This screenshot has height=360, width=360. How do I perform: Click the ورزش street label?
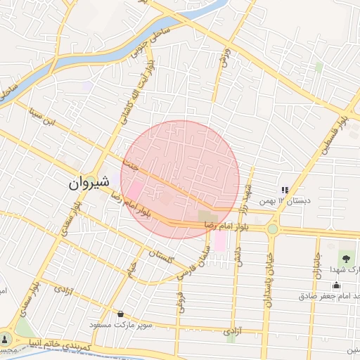click(x=224, y=59)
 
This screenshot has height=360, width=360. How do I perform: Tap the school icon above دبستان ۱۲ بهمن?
click(x=285, y=190)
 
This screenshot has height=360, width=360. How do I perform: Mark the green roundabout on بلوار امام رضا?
click(x=272, y=229)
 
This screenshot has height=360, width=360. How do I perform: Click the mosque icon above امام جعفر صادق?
click(x=337, y=285)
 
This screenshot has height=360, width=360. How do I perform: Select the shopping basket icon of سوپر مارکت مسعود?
click(x=121, y=314)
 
